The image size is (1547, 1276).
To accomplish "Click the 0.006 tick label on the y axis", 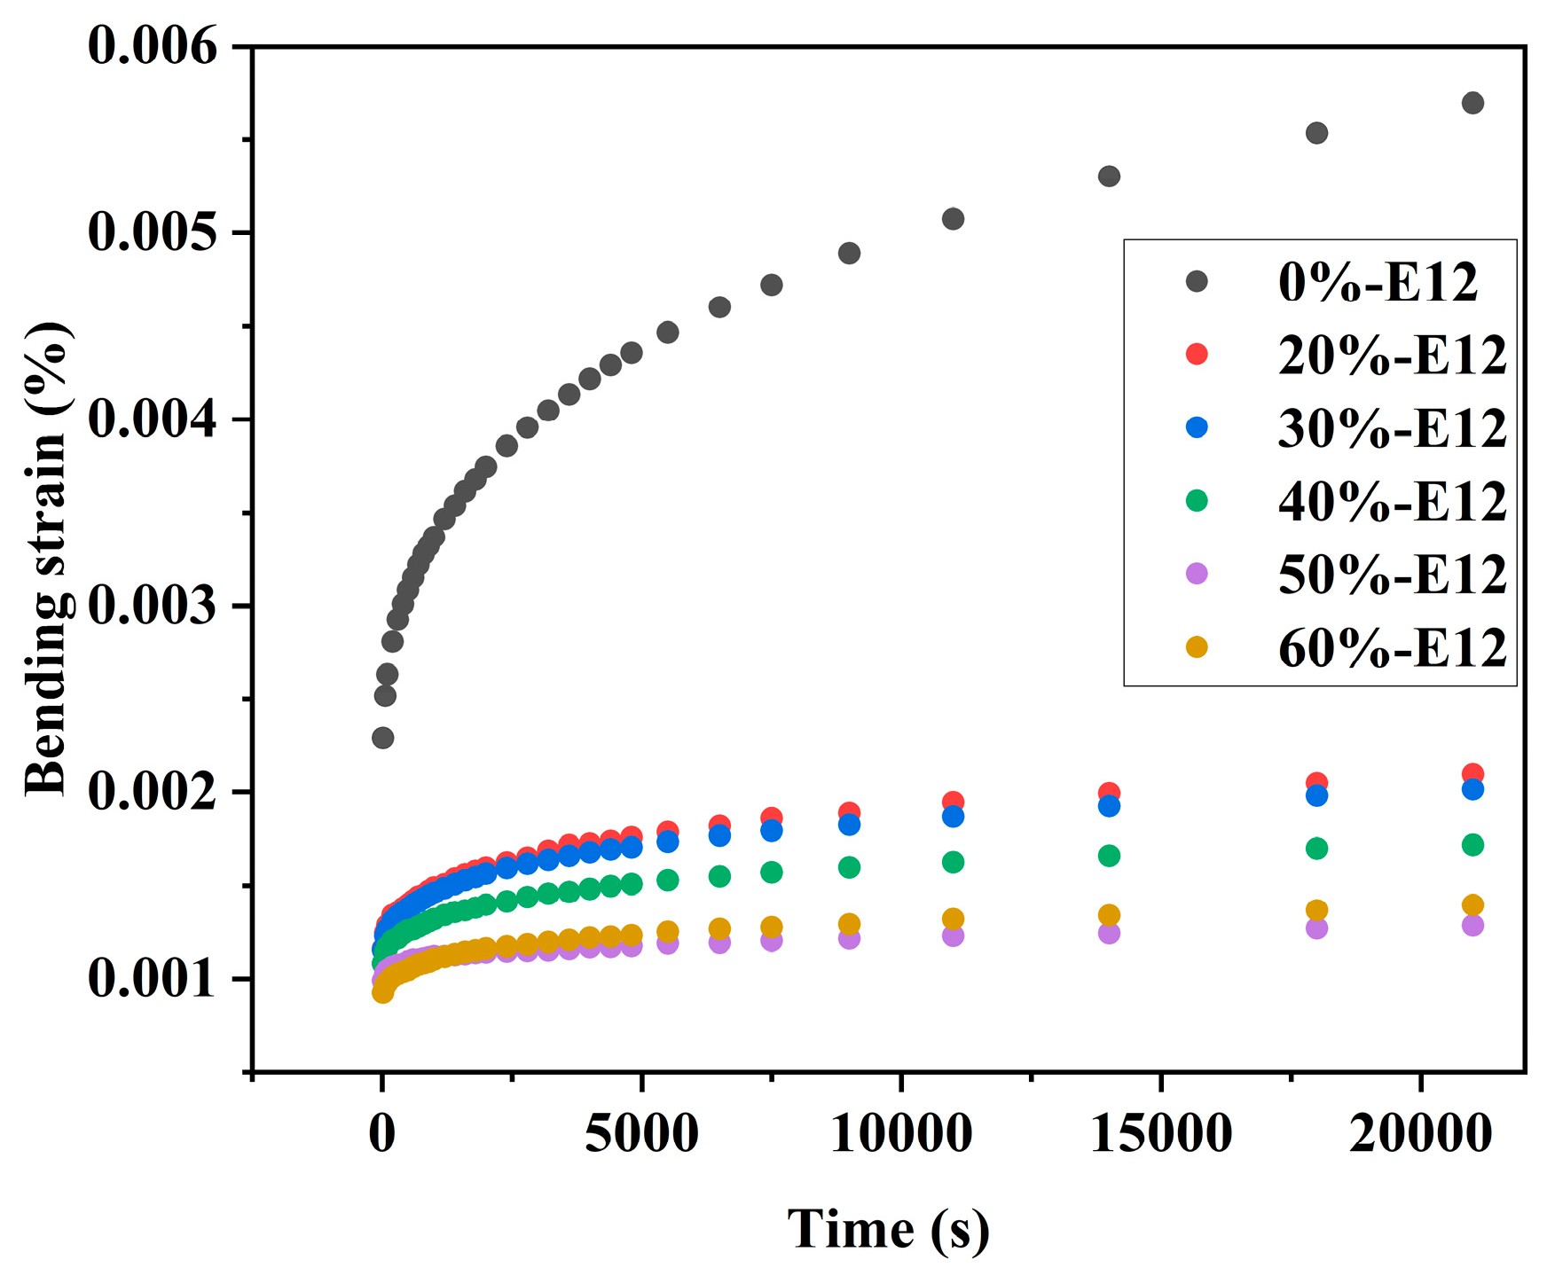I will (152, 46).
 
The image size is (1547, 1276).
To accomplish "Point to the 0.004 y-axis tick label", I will (152, 419).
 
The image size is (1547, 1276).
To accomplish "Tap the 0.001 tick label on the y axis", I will (152, 979).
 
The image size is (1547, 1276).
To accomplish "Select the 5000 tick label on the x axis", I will (641, 1134).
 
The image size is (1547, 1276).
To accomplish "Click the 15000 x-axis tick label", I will (1160, 1134).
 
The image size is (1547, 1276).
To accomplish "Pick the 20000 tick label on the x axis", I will (1420, 1134).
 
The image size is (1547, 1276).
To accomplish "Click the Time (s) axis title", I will (888, 1230).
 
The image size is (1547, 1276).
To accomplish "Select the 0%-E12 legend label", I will (1378, 283).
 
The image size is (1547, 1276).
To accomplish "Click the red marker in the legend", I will (1197, 354).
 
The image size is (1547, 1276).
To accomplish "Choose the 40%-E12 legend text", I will (1392, 502).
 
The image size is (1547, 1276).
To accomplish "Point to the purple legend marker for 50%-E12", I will (1197, 573).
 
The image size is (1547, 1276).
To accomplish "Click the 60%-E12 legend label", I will (1392, 648).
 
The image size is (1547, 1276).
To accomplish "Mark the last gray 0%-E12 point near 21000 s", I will (1472, 103).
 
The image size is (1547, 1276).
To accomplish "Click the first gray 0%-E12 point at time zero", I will (382, 738).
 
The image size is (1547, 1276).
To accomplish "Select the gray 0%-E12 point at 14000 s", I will (1109, 176).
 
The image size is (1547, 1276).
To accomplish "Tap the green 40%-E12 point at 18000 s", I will (1316, 849).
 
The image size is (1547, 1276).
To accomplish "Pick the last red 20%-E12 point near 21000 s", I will (1472, 773).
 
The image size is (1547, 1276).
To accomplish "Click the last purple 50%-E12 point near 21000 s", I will (1472, 926).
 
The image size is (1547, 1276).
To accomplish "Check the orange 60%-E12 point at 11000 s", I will (953, 919).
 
